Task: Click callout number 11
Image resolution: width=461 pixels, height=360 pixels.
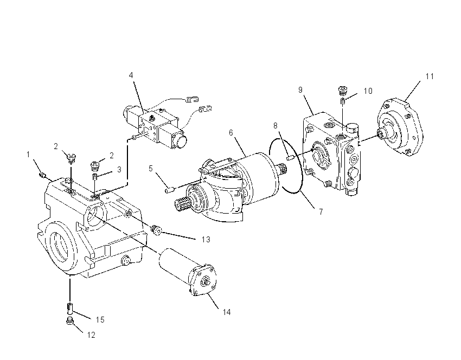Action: (x=430, y=76)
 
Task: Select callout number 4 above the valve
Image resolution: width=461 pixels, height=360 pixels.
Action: (x=131, y=75)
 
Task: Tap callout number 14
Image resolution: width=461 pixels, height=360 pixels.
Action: (x=226, y=312)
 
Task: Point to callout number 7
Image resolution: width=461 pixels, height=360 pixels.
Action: (x=321, y=211)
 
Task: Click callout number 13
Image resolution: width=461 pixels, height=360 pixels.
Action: (x=206, y=240)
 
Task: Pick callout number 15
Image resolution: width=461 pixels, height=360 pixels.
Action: (x=100, y=320)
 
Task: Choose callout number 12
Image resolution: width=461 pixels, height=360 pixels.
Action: (x=91, y=335)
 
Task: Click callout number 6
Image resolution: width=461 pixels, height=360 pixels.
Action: (x=231, y=133)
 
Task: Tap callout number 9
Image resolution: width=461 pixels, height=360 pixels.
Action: (x=300, y=90)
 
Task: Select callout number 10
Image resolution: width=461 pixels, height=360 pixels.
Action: (x=368, y=91)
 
